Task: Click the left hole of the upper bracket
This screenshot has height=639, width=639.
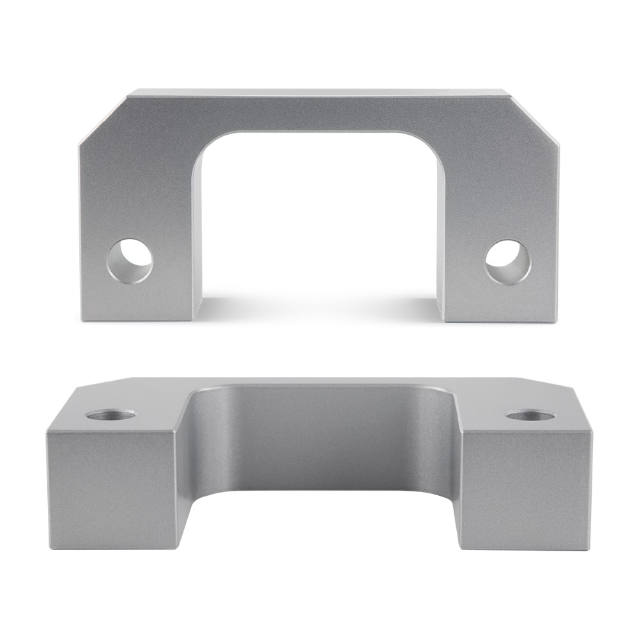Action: pyautogui.click(x=130, y=261)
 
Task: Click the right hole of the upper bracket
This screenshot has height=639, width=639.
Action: pyautogui.click(x=507, y=261)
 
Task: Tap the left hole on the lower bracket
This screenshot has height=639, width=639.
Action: pyautogui.click(x=111, y=415)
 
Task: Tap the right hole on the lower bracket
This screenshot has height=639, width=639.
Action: pyautogui.click(x=530, y=415)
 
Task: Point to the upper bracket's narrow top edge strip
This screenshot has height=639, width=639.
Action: pyautogui.click(x=319, y=93)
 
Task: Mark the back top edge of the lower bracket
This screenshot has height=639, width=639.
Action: pyautogui.click(x=319, y=379)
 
